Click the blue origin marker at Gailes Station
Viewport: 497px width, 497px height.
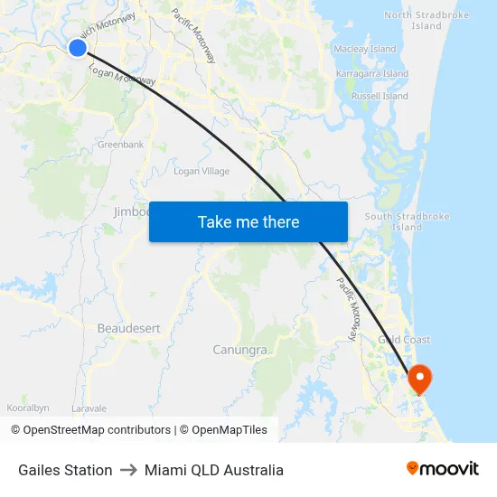78,48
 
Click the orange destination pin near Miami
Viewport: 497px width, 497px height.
421,378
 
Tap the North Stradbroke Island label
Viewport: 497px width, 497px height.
413,20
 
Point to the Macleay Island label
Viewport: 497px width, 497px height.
365,49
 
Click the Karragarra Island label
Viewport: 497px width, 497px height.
372,73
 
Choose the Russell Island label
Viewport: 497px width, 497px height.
380,96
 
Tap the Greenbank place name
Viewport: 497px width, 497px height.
120,145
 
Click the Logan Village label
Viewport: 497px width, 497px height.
202,171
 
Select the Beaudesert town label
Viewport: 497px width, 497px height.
125,328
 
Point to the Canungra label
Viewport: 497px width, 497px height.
239,350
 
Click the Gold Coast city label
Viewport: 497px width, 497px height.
404,340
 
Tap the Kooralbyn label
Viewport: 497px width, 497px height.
28,408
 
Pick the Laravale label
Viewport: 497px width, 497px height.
89,408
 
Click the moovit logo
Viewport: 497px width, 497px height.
442,468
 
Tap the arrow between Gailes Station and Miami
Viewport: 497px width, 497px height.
127,470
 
